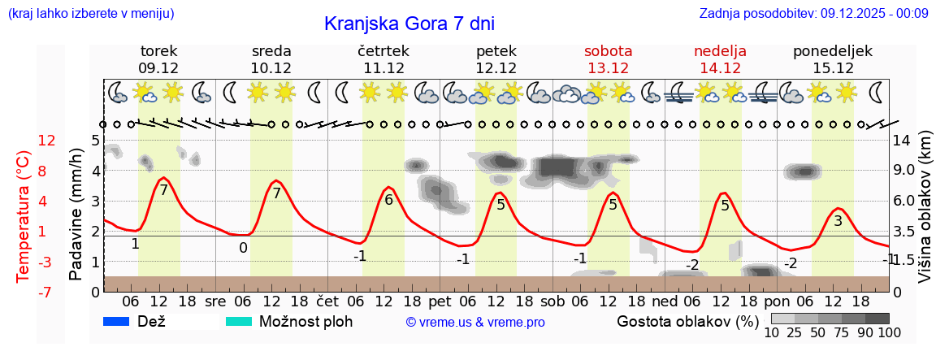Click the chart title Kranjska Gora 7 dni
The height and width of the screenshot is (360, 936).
tap(409, 24)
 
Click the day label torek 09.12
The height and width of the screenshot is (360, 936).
tap(158, 59)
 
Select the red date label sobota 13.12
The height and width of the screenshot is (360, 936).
tap(609, 59)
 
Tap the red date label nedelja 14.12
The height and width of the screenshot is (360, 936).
tap(720, 59)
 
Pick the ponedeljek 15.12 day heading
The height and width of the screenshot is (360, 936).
tap(832, 59)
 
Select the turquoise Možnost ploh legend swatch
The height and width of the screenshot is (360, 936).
tap(239, 321)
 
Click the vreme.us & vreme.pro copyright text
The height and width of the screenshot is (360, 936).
tap(475, 322)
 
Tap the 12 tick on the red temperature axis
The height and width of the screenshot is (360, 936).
tap(46, 141)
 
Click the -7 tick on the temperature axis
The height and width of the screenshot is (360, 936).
tap(46, 291)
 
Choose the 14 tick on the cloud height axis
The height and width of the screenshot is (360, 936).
tap(902, 141)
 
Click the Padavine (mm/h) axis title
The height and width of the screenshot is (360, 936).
tap(76, 215)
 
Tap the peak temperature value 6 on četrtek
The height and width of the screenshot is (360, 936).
tap(388, 200)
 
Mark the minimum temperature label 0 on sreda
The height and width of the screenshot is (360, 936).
tap(243, 248)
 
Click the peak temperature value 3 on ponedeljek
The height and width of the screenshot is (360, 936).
tap(838, 220)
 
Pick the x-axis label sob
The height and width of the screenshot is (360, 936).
tap(552, 301)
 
